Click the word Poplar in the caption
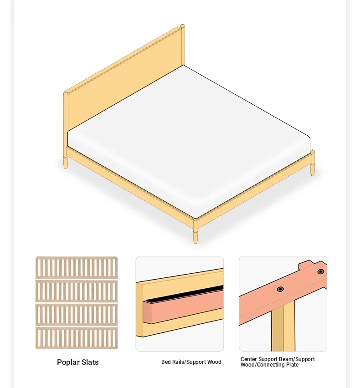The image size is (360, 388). pos(68,362)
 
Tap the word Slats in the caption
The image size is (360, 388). pos(90,362)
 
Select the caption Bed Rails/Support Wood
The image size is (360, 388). pos(191,362)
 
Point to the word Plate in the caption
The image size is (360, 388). pos(292,365)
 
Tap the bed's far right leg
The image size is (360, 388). pos(313,163)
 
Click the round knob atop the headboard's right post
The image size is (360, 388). pos(182,26)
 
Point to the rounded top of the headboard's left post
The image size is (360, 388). pos(66,93)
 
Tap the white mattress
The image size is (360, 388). pos(188,138)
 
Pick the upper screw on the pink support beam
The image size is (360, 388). pos(321,271)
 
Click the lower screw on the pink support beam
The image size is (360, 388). pos(280,289)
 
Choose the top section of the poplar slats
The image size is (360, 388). pos(77,268)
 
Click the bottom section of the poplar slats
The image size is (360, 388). pos(77,338)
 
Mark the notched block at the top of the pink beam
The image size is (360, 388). pos(308,265)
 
